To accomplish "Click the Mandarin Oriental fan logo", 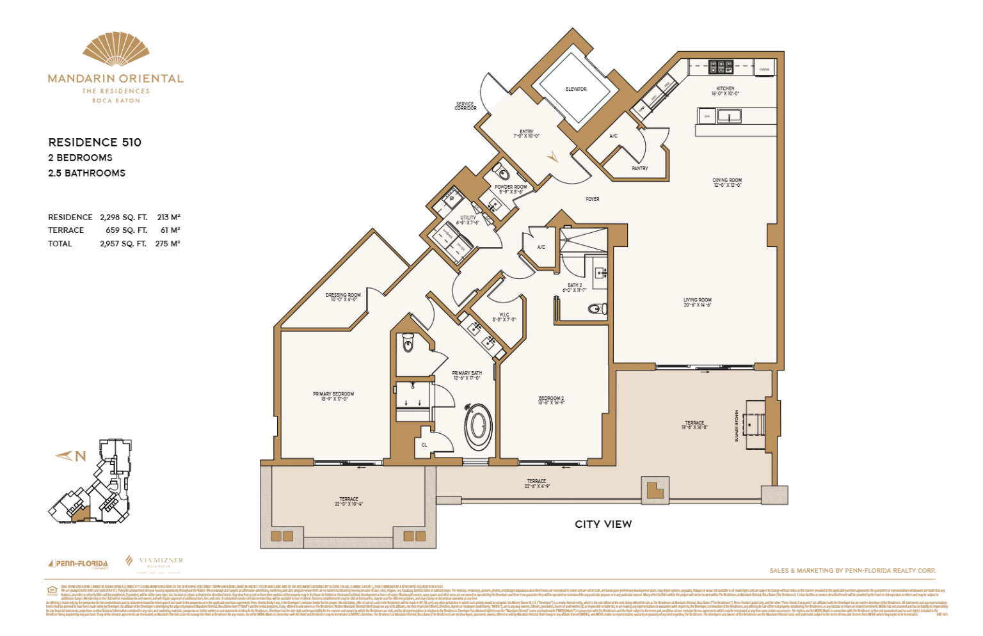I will (116, 49).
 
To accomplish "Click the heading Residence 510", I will (95, 142).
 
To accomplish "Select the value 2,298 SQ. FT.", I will (124, 218).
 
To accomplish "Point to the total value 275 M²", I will (167, 244).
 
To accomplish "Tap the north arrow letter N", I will (81, 456).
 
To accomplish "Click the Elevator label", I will (576, 90).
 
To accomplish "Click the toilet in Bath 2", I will (596, 309).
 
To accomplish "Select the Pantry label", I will (639, 168).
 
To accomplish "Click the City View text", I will (603, 524).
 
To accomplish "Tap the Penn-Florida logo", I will (78, 564).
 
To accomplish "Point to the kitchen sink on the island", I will (729, 116).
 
